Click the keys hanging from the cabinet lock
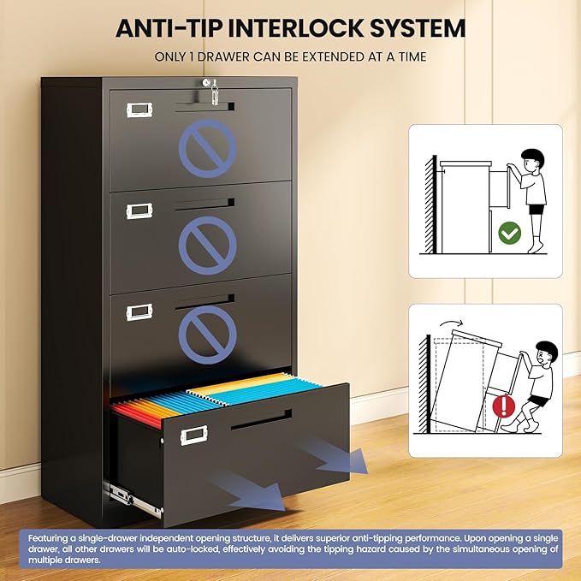(215, 93)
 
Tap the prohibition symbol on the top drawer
(207, 148)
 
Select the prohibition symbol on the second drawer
(207, 246)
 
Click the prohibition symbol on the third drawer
(207, 335)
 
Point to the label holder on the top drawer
(139, 110)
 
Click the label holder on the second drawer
(139, 210)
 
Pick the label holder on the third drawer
(139, 312)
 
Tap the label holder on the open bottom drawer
(193, 435)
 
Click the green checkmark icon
(509, 233)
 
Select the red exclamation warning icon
(503, 406)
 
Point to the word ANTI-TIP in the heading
(169, 28)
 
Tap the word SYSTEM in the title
(418, 28)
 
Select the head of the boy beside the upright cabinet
(532, 161)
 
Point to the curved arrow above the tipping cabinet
(451, 323)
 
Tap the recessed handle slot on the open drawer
(261, 419)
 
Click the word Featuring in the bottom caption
(49, 538)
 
